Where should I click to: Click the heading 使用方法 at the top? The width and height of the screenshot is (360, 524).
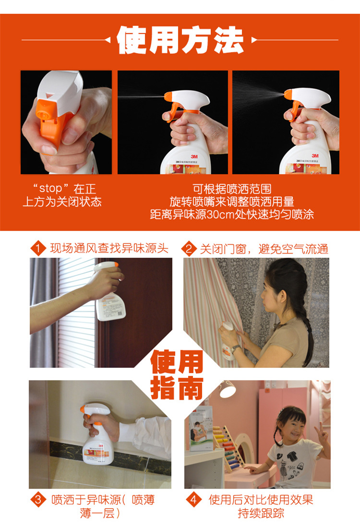click(180, 40)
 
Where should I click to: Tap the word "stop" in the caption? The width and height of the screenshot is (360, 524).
click(50, 188)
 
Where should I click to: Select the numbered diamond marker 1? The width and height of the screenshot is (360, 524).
click(38, 248)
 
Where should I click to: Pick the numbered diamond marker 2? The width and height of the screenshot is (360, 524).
click(189, 249)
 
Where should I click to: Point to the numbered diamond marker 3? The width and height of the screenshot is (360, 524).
click(38, 500)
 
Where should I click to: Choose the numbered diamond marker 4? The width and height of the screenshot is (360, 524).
click(194, 500)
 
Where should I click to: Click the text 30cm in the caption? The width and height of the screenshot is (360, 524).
click(220, 215)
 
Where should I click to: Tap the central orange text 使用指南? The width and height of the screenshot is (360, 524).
click(177, 375)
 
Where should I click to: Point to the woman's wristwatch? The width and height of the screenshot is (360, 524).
click(235, 349)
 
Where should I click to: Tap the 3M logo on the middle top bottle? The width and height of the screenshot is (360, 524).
click(194, 157)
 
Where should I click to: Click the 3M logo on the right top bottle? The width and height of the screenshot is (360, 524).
click(315, 156)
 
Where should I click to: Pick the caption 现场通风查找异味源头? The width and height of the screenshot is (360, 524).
click(109, 248)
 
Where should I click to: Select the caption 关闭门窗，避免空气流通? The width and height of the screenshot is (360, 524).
click(264, 249)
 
